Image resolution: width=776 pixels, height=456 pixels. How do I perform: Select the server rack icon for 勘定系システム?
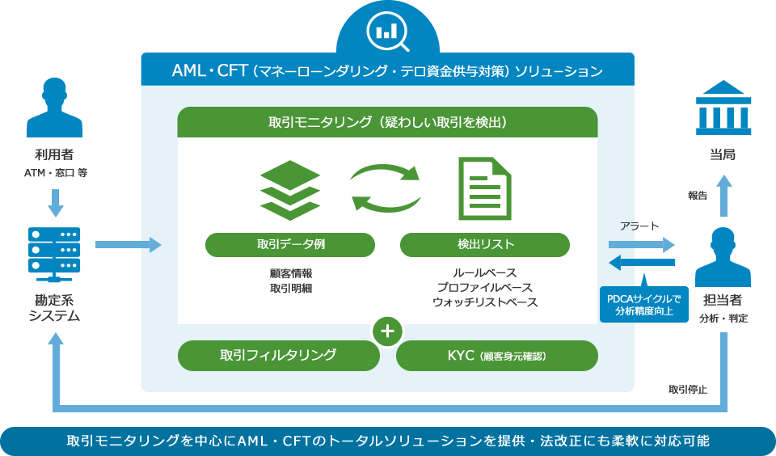(54, 251)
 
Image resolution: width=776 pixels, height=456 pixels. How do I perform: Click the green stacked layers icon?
(290, 190)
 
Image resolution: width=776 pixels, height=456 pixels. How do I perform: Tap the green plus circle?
(388, 331)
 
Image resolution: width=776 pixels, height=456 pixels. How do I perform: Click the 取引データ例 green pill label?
(290, 244)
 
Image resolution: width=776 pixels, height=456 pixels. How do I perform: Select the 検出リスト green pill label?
(485, 244)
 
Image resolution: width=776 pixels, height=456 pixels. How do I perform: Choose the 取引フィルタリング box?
(278, 354)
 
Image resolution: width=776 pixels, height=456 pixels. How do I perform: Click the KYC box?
(497, 354)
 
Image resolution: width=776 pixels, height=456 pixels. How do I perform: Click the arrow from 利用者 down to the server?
(55, 203)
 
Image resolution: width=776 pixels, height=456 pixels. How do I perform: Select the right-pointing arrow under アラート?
(641, 244)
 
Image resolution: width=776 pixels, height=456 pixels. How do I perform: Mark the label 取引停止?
(687, 390)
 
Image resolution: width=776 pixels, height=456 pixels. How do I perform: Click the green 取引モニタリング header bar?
(387, 123)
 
